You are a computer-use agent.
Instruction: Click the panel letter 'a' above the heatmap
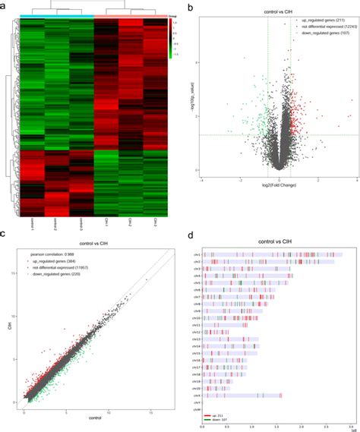pyautogui.click(x=5, y=5)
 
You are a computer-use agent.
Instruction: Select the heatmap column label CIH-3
pyautogui.click(x=155, y=222)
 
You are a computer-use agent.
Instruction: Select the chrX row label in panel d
pyautogui.click(x=196, y=396)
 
